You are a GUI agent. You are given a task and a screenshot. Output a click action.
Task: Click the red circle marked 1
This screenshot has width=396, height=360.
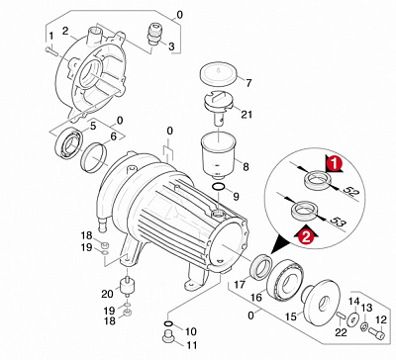[x=335, y=163]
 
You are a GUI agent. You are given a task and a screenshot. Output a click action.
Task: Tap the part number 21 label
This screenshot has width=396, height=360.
[x=247, y=115]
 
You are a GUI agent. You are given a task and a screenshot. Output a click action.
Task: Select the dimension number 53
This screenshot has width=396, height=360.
[x=340, y=222]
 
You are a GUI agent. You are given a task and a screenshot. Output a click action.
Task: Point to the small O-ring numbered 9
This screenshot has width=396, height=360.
[x=219, y=187]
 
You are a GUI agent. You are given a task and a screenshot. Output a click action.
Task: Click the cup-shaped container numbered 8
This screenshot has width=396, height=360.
[x=218, y=154]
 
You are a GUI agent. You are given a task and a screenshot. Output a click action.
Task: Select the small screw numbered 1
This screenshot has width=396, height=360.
[x=50, y=50]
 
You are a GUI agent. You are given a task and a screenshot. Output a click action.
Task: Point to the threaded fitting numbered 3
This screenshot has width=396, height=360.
[x=153, y=34]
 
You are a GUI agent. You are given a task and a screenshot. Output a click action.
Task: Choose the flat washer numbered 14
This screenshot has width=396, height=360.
[x=353, y=316]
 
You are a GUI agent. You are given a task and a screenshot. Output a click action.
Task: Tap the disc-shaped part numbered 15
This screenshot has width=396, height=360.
[x=319, y=303]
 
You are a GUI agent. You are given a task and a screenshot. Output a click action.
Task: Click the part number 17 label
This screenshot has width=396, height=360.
[x=239, y=284]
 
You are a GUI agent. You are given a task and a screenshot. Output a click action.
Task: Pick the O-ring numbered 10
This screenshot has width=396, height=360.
[x=169, y=322]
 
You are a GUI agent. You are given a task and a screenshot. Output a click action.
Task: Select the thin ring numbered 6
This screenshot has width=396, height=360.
[x=94, y=157]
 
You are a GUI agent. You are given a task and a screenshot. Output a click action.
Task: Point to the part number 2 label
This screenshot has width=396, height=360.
[x=65, y=31]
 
